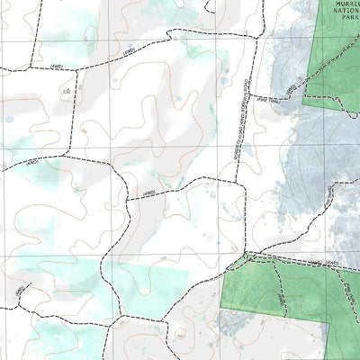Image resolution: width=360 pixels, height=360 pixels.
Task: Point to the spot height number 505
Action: [66, 93]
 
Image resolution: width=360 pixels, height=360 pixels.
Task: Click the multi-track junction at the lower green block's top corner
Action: [247, 257]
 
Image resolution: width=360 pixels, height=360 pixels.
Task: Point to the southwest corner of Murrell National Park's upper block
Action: [305, 106]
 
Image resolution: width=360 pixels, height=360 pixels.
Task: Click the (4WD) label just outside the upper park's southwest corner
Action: [290, 89]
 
